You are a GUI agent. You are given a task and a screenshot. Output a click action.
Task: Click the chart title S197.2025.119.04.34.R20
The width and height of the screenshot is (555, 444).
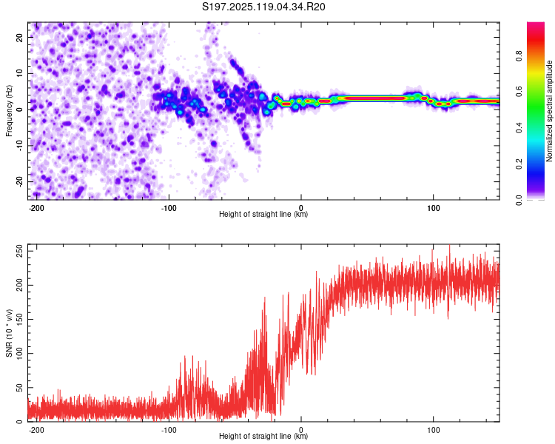tap(263, 7)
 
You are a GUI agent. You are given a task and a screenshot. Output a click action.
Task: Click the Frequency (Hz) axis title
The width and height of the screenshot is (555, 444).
tap(9, 111)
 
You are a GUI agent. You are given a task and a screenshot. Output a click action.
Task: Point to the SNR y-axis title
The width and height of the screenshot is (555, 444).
tap(9, 333)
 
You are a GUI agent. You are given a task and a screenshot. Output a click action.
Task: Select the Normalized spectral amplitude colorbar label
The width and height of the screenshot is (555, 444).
tap(549, 111)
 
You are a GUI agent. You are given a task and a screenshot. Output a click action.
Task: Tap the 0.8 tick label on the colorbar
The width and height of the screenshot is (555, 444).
tap(519, 56)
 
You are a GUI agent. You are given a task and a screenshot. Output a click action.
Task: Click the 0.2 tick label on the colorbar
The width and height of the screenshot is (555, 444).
tap(519, 164)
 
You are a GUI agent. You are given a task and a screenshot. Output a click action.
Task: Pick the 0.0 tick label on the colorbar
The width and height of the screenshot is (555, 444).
tap(519, 200)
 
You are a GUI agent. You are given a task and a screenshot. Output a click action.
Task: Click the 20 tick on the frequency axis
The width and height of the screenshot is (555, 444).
tap(19, 37)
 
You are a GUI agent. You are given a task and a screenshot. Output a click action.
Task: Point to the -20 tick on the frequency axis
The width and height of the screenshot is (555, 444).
tap(19, 181)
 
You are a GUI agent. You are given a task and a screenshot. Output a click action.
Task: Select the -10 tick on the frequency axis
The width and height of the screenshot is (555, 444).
tap(19, 146)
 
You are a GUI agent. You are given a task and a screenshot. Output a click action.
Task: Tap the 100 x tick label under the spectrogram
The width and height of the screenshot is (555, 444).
tap(433, 208)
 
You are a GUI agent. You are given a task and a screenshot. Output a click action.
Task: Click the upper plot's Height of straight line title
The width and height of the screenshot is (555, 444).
tap(263, 214)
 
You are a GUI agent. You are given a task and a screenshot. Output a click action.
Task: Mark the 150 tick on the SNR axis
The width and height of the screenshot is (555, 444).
tap(19, 320)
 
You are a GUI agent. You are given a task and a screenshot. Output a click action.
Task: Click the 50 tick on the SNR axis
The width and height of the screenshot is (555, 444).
tap(19, 388)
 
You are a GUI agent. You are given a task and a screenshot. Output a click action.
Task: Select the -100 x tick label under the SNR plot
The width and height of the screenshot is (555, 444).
tap(169, 430)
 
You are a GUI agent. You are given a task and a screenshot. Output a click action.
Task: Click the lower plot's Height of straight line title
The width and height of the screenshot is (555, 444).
tap(263, 436)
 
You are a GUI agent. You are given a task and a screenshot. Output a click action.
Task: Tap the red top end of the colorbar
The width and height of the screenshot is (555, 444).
tap(536, 24)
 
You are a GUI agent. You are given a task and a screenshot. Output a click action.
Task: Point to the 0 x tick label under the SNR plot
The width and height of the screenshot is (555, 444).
tap(301, 430)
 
